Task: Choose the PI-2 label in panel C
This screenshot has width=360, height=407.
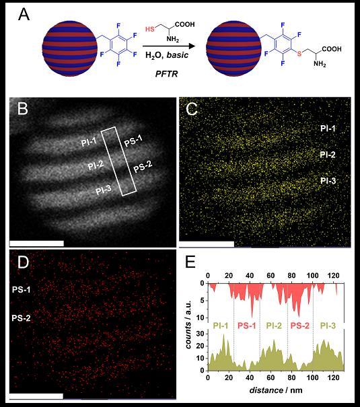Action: tap(328, 155)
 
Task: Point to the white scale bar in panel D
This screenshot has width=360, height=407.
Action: tap(36, 397)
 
